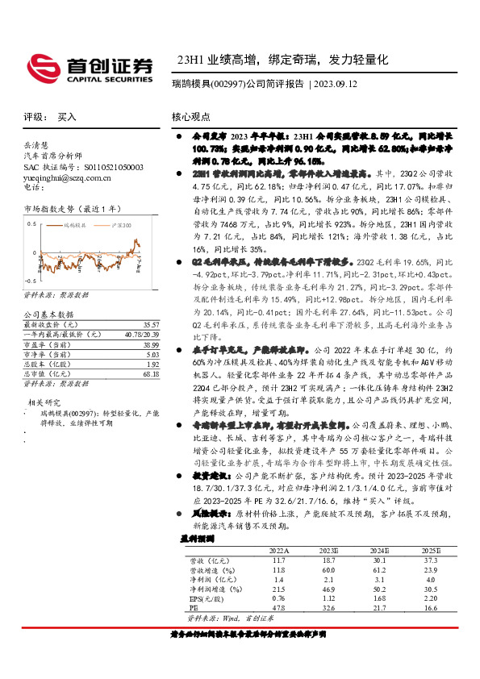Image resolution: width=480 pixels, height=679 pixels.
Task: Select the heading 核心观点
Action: pos(191,116)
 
